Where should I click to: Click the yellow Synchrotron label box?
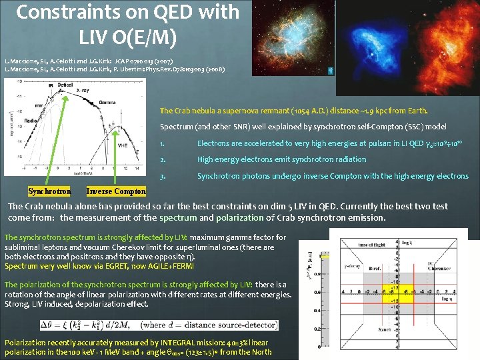pos(49,191)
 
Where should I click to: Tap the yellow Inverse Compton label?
pos(116,191)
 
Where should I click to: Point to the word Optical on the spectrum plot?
pos(65,85)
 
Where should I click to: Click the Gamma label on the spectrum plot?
pos(107,102)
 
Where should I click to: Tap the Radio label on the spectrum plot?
pos(30,121)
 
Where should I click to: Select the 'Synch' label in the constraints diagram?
pos(384,329)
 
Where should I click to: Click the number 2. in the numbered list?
pos(163,159)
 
